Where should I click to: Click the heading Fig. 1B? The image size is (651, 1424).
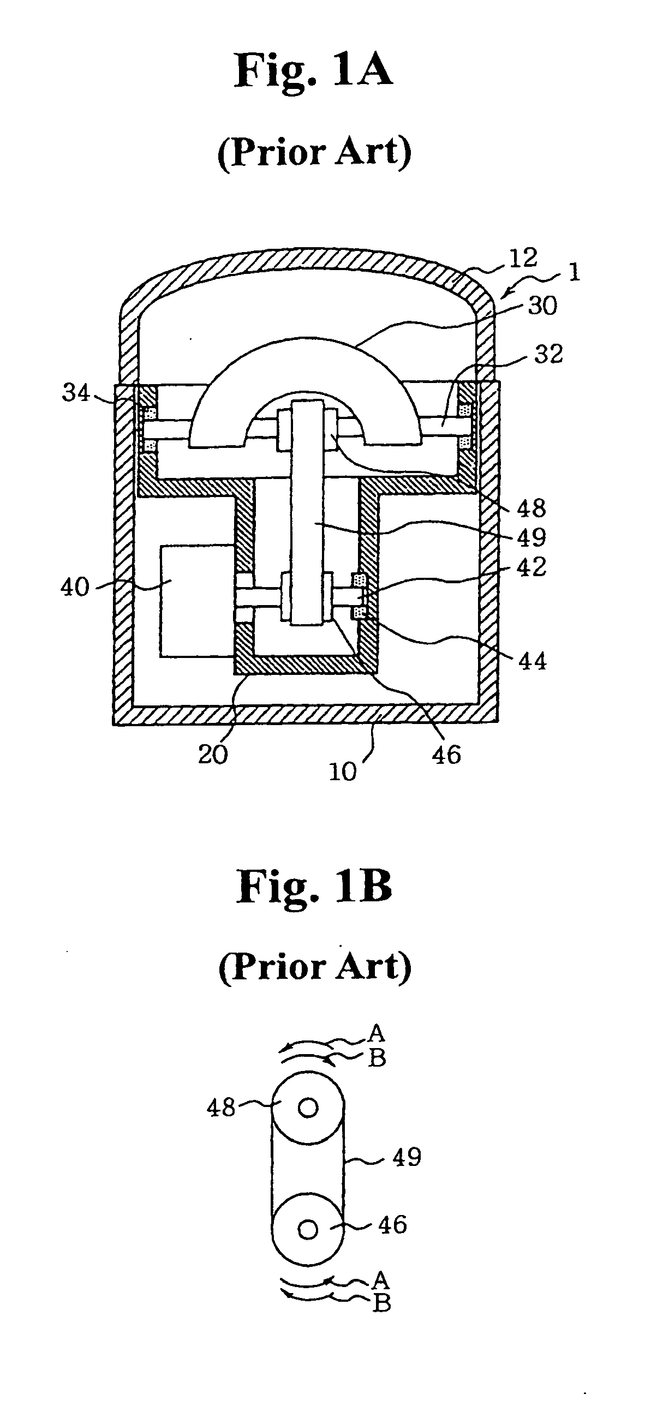(314, 886)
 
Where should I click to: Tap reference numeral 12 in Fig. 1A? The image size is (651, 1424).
(523, 258)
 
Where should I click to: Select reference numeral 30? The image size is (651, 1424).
(542, 306)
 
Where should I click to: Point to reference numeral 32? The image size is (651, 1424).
(548, 354)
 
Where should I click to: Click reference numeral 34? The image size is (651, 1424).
(76, 393)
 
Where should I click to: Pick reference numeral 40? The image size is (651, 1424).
(75, 587)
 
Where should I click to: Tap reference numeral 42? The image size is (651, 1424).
(531, 567)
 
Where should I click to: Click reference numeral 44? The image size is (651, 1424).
(532, 661)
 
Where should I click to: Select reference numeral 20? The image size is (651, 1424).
(213, 754)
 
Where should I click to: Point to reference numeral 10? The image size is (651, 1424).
(342, 771)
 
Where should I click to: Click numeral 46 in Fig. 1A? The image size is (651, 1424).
(446, 754)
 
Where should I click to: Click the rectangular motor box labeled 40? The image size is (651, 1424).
(194, 601)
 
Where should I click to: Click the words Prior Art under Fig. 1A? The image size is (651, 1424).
(314, 152)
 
